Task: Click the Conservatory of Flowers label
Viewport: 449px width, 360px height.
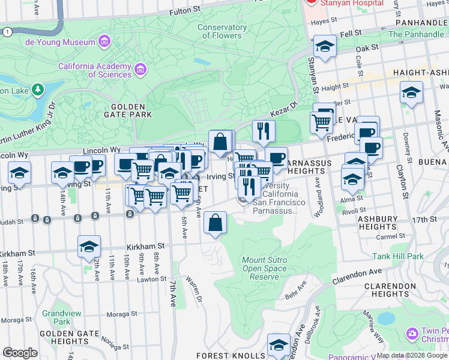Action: point(219,31)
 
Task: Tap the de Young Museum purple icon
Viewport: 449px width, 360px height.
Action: point(104,41)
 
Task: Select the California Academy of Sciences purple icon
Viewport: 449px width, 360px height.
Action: point(140,70)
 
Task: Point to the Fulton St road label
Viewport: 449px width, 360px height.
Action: point(185,11)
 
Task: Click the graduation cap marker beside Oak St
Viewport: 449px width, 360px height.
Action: point(324,47)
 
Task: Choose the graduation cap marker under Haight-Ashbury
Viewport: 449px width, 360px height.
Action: point(411,93)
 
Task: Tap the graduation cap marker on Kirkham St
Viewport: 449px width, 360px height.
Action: point(89,247)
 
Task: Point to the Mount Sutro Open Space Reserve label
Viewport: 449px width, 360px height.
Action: point(265,268)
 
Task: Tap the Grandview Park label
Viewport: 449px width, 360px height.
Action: point(57,317)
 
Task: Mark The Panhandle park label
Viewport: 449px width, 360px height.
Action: point(416,34)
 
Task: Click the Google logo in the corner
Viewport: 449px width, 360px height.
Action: point(20,353)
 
